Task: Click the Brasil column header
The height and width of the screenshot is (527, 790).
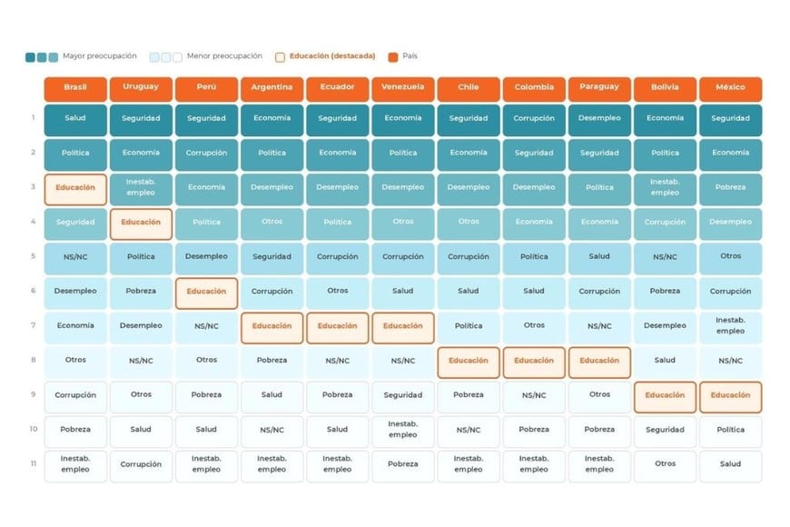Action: point(75,89)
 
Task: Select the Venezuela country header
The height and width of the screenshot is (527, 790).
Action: point(403,89)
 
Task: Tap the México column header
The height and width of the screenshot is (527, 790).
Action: point(731,89)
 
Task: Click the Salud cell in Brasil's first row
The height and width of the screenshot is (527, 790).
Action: point(75,120)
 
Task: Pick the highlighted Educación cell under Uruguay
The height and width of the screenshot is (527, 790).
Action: point(141,224)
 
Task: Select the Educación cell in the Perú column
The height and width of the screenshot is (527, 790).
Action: point(206,293)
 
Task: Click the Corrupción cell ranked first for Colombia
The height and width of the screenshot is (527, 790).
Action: point(534,120)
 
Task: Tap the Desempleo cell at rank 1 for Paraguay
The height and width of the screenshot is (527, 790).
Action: point(599,120)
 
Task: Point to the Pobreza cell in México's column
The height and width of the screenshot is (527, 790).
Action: point(731,189)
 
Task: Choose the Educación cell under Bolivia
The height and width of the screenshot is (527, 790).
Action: point(665,397)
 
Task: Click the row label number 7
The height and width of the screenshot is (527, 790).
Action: point(34,325)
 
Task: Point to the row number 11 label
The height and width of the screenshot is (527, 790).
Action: point(34,463)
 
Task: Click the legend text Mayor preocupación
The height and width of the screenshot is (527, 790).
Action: point(100,56)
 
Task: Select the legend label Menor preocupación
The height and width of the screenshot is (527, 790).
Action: point(224,56)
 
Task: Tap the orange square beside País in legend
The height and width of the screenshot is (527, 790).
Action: point(393,57)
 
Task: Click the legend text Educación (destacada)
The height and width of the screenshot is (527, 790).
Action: point(332,56)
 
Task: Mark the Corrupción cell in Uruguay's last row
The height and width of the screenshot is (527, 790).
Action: point(141,466)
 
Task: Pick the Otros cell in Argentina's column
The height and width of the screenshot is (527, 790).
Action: point(272,224)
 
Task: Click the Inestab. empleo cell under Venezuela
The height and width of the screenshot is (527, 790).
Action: point(403,432)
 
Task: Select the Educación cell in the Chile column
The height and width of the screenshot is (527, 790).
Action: point(469,363)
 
